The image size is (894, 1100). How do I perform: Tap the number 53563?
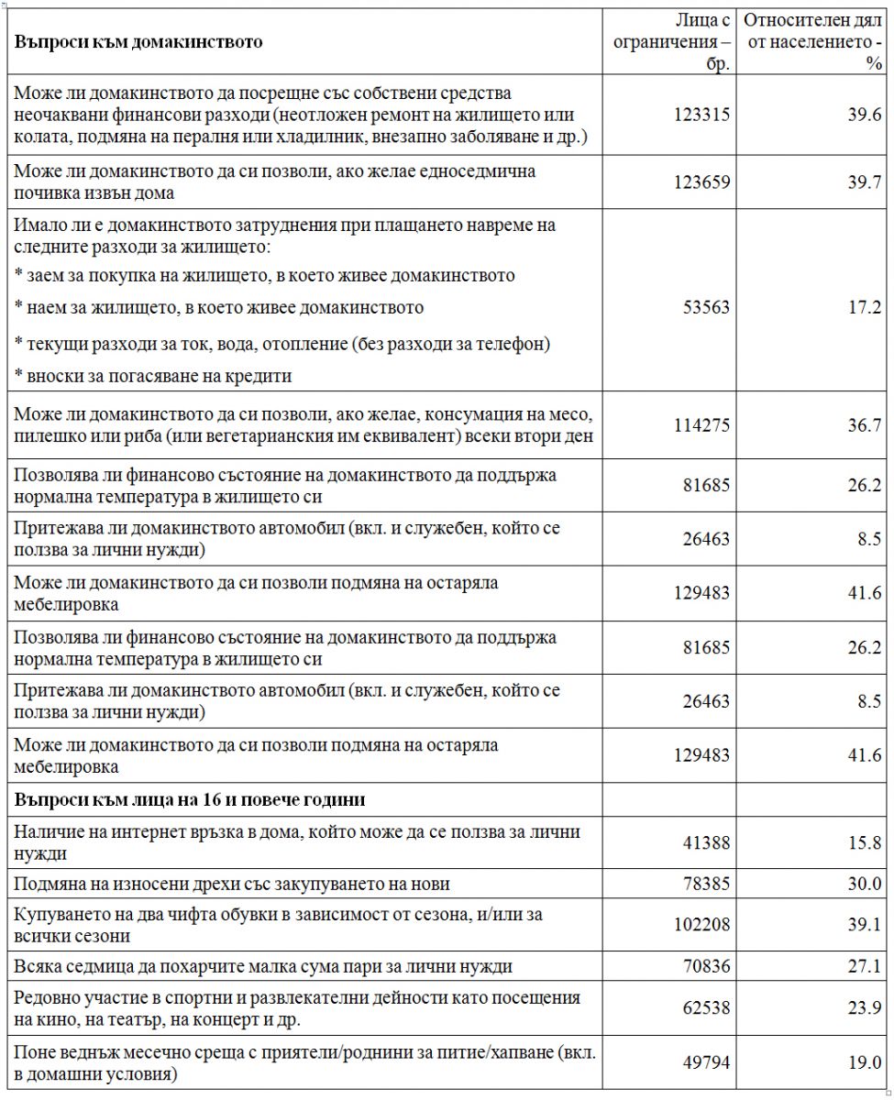tap(708, 307)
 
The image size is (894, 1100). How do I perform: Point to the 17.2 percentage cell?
tap(865, 307)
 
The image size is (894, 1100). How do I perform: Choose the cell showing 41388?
tap(708, 842)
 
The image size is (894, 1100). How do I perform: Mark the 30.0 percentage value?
tap(865, 884)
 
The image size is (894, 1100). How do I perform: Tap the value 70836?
tap(708, 966)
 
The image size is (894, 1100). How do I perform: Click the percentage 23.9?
tap(865, 1007)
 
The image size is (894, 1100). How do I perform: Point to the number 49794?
tap(708, 1062)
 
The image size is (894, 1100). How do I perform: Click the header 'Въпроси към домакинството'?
tap(138, 42)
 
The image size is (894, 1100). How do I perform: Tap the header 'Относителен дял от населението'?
tap(812, 42)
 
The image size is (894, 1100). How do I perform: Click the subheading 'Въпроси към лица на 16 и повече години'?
tap(191, 800)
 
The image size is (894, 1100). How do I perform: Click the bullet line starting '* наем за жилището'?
tap(220, 307)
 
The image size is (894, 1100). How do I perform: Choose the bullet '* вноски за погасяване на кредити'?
tap(165, 375)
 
